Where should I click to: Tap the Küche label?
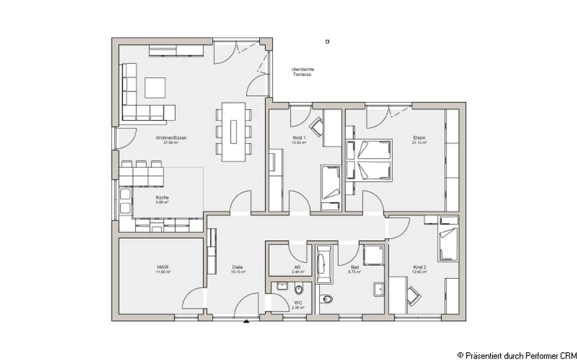(162, 198)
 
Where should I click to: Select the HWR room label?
(163, 268)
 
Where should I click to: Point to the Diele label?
(237, 268)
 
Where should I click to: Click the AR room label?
(297, 268)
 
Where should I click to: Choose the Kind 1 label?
(299, 138)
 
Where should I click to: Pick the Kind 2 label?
(419, 268)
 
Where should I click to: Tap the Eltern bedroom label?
(419, 138)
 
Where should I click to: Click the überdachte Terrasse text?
(303, 72)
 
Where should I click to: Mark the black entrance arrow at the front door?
(246, 322)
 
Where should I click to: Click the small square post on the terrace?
(328, 41)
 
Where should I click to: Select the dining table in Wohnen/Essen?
(233, 131)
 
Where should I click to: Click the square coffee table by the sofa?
(155, 87)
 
